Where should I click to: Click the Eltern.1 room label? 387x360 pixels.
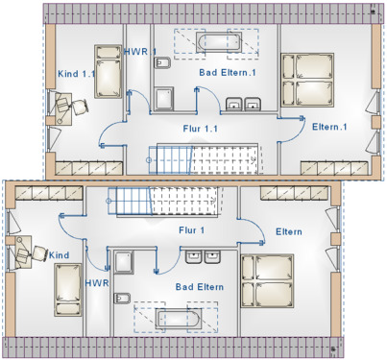click(x=328, y=127)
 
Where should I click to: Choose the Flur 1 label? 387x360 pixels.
click(x=191, y=230)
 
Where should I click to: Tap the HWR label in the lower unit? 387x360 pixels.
click(x=97, y=283)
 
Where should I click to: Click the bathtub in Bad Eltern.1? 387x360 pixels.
click(x=222, y=43)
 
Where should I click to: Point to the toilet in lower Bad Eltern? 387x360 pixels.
click(x=123, y=261)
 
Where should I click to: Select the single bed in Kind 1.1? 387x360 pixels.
click(x=106, y=72)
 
